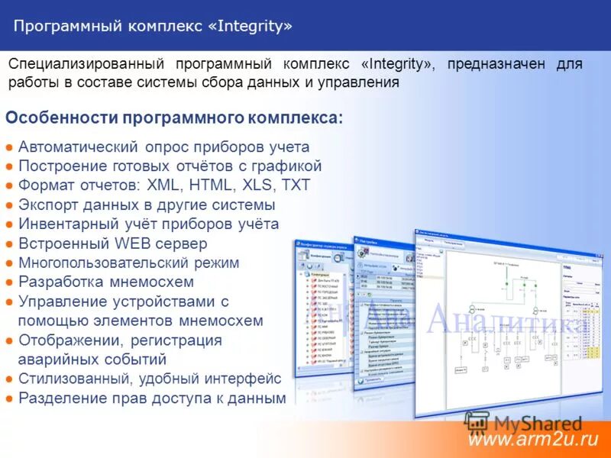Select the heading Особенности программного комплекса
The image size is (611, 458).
click(x=174, y=118)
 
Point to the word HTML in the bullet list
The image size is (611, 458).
click(x=211, y=185)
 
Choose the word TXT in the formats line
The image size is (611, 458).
click(x=296, y=185)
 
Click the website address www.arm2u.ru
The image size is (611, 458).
click(x=532, y=440)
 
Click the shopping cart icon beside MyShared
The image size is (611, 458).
click(x=477, y=423)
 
